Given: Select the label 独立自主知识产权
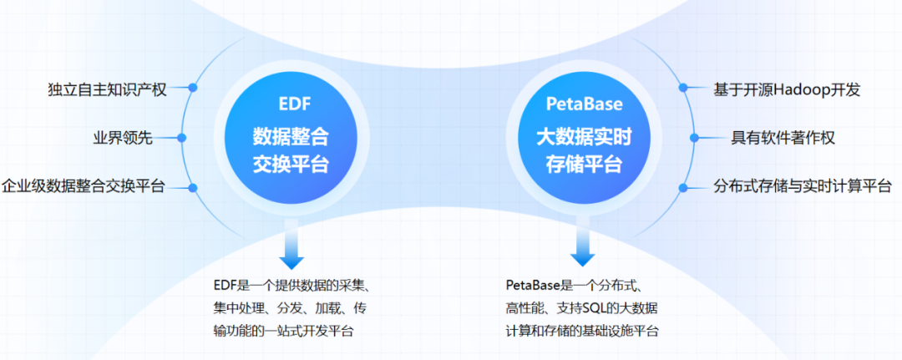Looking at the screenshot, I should point(108,89).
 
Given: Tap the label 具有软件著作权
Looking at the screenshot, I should point(783,137).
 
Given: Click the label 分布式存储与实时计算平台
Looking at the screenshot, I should point(803,186).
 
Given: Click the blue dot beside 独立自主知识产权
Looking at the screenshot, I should point(192,87).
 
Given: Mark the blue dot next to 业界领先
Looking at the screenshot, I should point(183,137).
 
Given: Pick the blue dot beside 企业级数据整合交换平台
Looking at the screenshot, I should point(193,186).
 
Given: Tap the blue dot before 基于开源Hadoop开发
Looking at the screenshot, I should point(683,87).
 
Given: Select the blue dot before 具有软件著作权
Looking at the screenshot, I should point(693,137).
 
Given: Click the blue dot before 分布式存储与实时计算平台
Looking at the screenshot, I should point(683,186).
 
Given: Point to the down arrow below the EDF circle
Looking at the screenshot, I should point(292,246).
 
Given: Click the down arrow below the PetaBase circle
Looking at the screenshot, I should point(582,246).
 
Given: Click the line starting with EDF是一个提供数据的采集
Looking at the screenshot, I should point(297,285).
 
